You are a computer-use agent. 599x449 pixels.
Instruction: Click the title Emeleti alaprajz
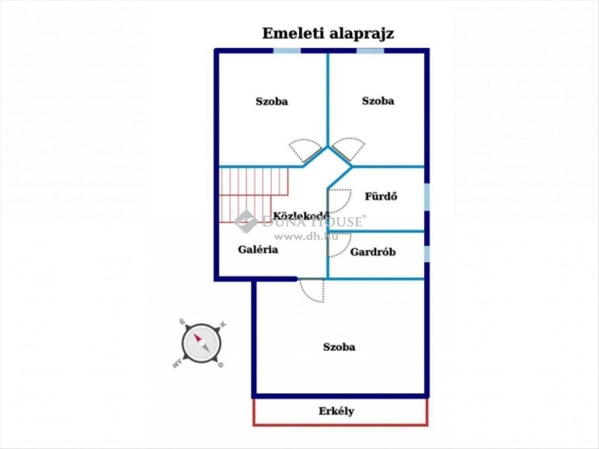328,34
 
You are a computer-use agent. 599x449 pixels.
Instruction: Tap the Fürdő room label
381,196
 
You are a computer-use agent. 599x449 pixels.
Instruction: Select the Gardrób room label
373,252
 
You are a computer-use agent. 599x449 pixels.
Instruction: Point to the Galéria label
258,250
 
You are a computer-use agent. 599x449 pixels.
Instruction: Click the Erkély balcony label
336,411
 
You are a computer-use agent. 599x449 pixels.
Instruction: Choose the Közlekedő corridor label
301,216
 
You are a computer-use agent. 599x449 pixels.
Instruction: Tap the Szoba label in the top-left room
272,101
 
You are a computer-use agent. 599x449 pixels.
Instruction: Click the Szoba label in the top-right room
378,101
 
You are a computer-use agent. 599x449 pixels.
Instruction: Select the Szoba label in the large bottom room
339,347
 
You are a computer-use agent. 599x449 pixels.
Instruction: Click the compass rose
201,343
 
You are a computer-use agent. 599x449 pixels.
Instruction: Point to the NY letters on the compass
177,363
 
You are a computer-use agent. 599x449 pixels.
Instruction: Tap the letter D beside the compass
221,365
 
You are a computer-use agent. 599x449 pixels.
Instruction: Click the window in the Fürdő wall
427,197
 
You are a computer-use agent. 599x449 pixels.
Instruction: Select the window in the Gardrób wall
427,254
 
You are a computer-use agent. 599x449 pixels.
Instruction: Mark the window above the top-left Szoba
287,51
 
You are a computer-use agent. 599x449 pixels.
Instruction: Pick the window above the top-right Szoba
370,51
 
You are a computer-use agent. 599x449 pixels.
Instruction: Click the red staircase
254,195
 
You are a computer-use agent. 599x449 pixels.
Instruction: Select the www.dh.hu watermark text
306,236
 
